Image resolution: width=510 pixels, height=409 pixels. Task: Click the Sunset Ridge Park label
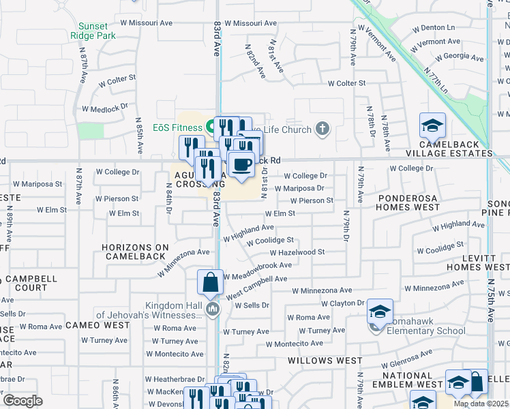92,30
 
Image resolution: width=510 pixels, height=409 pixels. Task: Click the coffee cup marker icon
241,165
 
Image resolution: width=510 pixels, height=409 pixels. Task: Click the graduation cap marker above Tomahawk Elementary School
380,312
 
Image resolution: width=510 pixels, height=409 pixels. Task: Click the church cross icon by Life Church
322,128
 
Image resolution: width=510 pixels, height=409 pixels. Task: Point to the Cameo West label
98,325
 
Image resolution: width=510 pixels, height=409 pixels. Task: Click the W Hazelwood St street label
297,252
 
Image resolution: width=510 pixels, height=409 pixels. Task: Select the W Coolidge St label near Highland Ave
270,241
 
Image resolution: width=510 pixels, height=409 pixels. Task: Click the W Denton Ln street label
434,28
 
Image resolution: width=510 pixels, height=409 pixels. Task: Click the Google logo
23,401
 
